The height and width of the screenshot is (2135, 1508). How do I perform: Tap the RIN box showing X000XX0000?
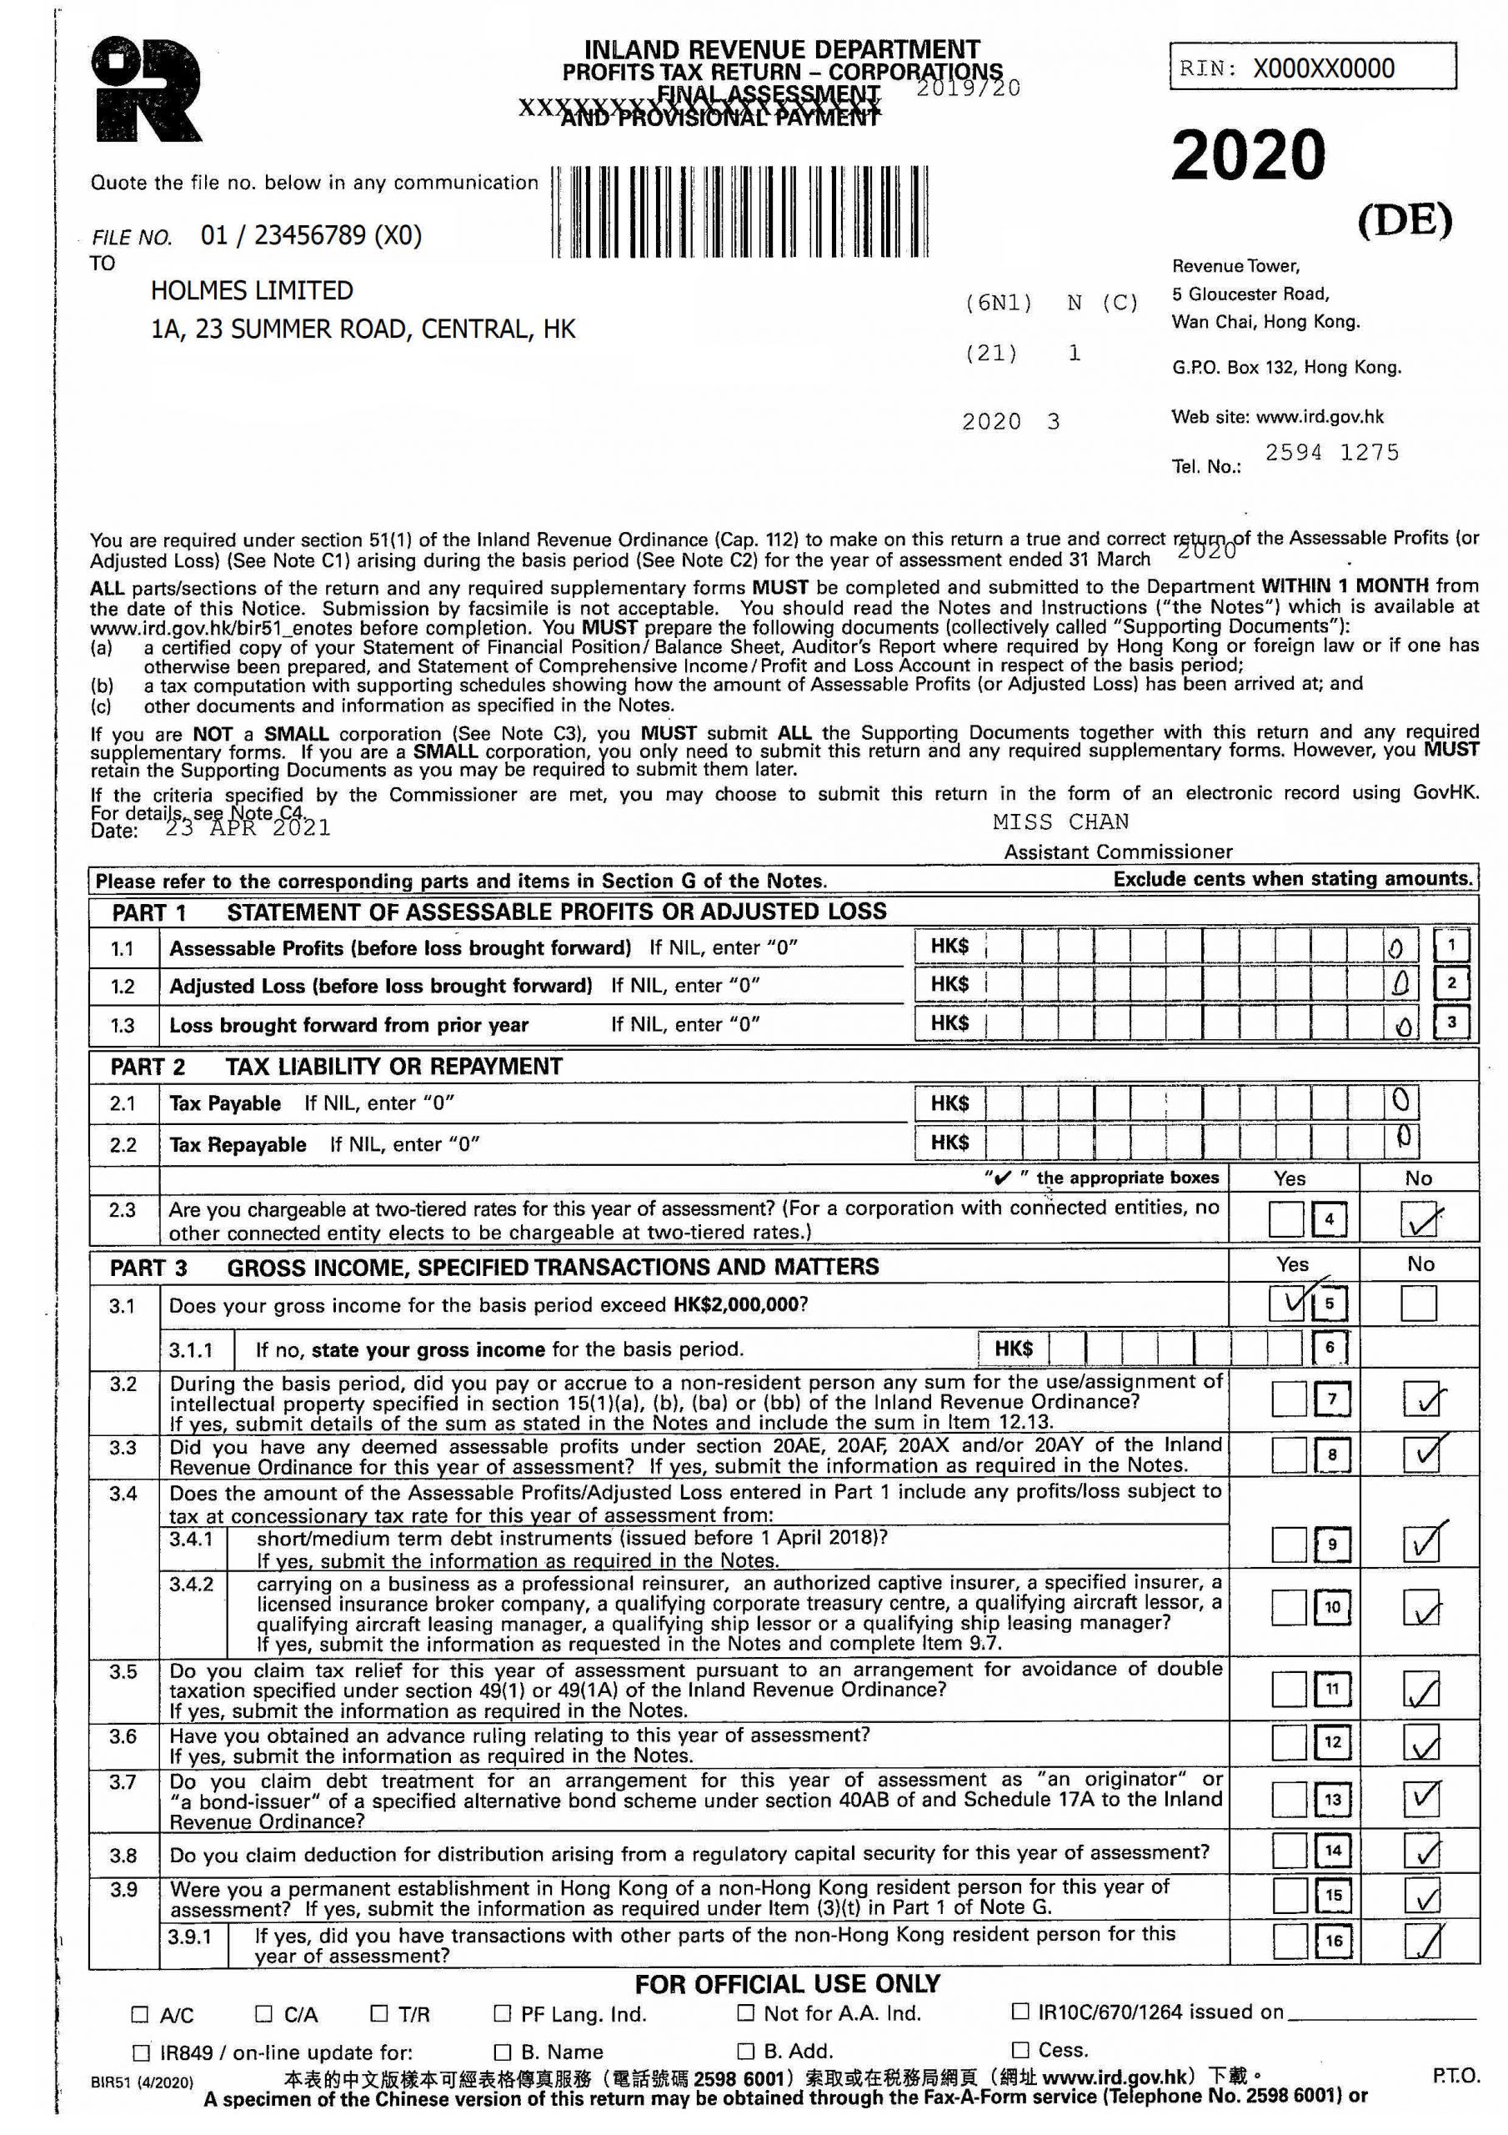click(1312, 68)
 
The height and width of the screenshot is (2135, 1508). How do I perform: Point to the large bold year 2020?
click(1248, 155)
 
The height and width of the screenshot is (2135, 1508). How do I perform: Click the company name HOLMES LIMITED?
click(252, 291)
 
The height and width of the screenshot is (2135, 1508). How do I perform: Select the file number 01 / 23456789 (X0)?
click(311, 235)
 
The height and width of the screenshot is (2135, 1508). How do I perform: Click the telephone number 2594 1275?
click(1331, 453)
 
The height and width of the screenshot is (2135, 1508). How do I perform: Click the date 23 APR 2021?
click(248, 827)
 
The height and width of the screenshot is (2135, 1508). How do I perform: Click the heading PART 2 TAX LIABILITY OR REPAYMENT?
click(336, 1067)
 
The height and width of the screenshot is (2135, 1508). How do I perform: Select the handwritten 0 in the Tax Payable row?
click(1400, 1101)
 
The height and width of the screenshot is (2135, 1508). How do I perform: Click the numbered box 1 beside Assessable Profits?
click(1451, 947)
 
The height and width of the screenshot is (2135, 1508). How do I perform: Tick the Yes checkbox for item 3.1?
click(1287, 1303)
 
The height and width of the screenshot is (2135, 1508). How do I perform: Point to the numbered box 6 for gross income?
click(1330, 1348)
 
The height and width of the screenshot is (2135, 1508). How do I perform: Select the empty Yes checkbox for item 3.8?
click(1289, 1851)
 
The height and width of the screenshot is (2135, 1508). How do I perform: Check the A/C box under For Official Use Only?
click(140, 2015)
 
